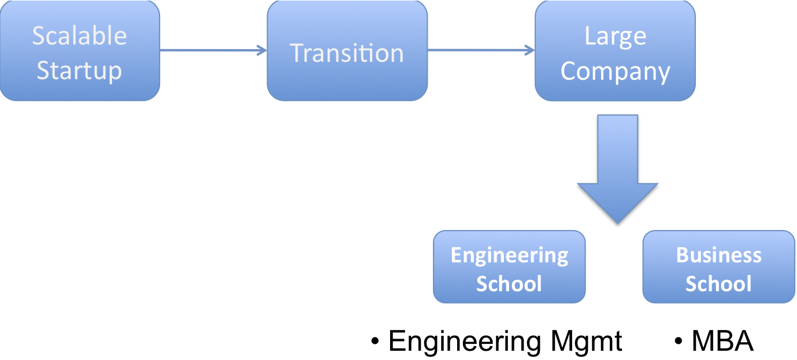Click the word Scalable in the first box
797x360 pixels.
pyautogui.click(x=79, y=36)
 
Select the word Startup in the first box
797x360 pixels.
pyautogui.click(x=79, y=70)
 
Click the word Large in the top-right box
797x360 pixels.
pyautogui.click(x=615, y=36)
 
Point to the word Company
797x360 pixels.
pyautogui.click(x=615, y=72)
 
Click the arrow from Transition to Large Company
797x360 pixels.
pyautogui.click(x=480, y=50)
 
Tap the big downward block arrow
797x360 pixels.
pyautogui.click(x=617, y=168)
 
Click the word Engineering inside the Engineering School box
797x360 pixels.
pyautogui.click(x=509, y=255)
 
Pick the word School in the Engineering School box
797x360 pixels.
pyautogui.click(x=509, y=284)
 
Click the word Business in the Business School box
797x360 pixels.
pyautogui.click(x=718, y=255)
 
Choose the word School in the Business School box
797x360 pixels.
pyautogui.click(x=718, y=284)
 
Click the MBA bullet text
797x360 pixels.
pyautogui.click(x=722, y=342)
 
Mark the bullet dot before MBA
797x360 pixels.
pyautogui.click(x=679, y=342)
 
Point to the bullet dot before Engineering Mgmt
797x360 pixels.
pyautogui.click(x=376, y=342)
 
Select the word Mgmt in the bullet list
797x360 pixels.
pyautogui.click(x=586, y=342)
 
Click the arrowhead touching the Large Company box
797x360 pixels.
pyautogui.click(x=530, y=50)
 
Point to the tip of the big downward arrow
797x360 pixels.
pyautogui.click(x=617, y=222)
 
